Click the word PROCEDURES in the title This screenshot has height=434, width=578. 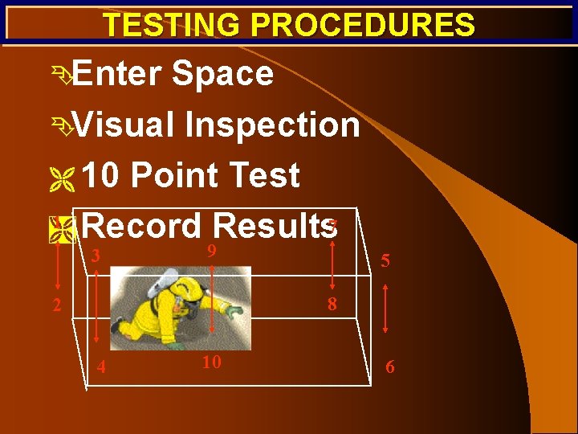[363, 26]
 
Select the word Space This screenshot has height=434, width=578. [222, 75]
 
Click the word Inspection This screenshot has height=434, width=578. [271, 125]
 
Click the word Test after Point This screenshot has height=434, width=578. [263, 175]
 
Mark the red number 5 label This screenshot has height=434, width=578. [386, 261]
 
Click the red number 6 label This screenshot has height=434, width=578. [390, 366]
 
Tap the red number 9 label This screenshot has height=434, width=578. [210, 252]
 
